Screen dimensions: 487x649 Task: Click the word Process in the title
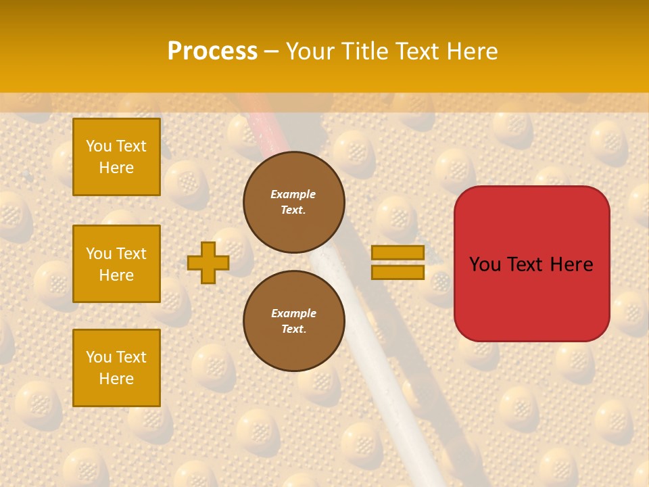click(212, 51)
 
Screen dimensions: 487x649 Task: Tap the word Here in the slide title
click(470, 51)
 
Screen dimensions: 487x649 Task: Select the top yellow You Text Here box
click(116, 157)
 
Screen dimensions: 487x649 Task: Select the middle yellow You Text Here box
click(116, 264)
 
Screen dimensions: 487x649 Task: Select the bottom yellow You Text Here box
click(116, 368)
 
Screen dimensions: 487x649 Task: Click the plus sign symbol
click(208, 262)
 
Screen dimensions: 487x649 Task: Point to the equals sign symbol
click(398, 262)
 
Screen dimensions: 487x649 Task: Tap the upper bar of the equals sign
click(398, 252)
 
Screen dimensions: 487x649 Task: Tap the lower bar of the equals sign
click(398, 273)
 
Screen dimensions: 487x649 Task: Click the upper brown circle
click(294, 202)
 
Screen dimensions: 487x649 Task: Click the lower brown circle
click(294, 321)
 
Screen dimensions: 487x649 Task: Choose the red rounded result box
click(531, 264)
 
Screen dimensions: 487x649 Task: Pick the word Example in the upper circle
click(293, 194)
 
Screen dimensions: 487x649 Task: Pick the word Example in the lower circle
click(293, 313)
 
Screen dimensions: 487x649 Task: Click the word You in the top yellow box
click(98, 146)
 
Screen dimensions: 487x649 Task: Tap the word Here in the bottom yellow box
click(116, 379)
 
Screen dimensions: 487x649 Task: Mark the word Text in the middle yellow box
click(130, 254)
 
